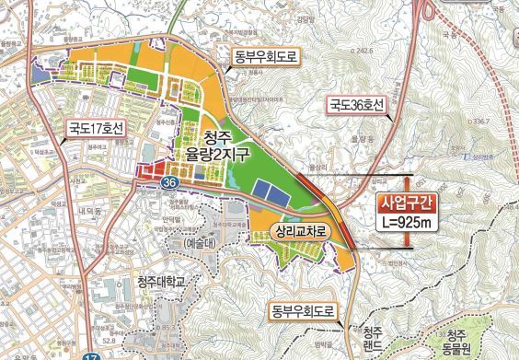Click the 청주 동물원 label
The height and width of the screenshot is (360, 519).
451,342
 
